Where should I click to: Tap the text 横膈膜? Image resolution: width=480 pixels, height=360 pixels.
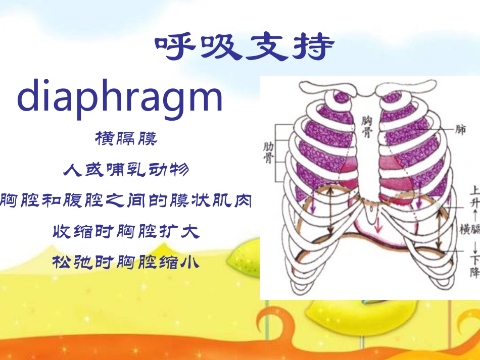[126, 138]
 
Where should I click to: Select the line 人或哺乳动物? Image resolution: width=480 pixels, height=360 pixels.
[126, 170]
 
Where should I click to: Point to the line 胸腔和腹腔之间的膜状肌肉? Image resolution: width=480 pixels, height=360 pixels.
[126, 200]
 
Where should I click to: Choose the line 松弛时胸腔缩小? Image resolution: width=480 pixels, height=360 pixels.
[126, 263]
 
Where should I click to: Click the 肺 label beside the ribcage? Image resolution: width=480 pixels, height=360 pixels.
[460, 130]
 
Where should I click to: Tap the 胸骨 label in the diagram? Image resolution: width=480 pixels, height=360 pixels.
[367, 126]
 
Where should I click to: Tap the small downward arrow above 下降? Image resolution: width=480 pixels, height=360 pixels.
[474, 247]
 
